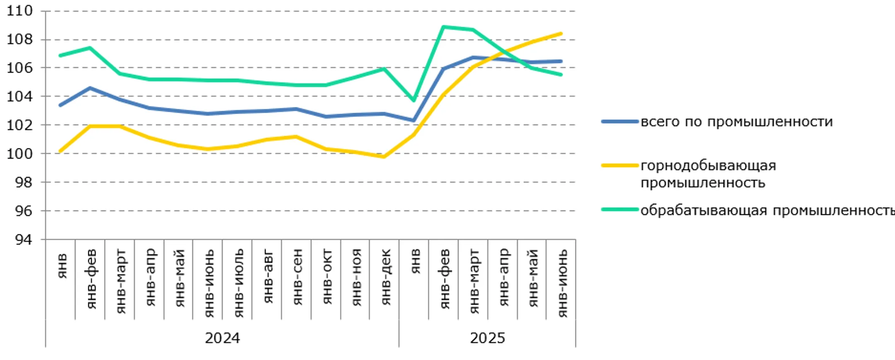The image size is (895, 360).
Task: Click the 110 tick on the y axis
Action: point(19,11)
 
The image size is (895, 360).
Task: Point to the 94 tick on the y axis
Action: point(23,239)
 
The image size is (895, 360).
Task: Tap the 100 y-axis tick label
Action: point(19,154)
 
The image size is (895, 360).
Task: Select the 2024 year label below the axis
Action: point(222,338)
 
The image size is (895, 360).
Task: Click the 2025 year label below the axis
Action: point(487,338)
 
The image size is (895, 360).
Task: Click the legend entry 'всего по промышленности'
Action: point(736,122)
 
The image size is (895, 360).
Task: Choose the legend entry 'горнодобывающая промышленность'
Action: point(708,174)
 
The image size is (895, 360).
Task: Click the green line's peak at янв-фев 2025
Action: point(443,27)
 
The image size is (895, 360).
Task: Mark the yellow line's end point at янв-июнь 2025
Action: point(561,34)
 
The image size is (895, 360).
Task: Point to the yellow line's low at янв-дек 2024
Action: point(384,157)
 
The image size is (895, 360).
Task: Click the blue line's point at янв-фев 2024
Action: point(90,88)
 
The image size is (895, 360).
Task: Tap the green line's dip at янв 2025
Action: point(414,100)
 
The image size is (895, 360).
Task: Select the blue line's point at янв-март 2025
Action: point(473,58)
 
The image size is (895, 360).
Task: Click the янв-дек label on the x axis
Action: point(385,277)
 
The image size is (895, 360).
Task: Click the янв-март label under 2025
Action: point(474,281)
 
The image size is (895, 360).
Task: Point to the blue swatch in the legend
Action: point(620,122)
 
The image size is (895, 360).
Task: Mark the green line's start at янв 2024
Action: point(60,55)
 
